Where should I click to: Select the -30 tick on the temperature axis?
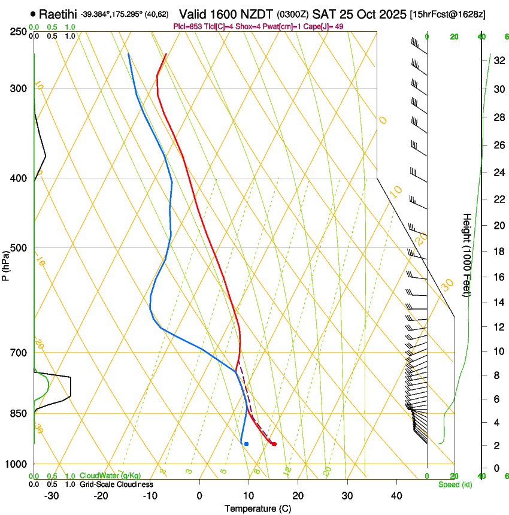(51, 496)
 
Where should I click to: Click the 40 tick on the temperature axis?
(396, 496)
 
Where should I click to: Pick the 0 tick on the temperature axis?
(199, 496)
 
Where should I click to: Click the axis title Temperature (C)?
(257, 508)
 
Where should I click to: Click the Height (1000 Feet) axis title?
(467, 255)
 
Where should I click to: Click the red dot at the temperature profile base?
(274, 444)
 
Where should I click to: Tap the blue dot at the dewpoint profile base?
(246, 444)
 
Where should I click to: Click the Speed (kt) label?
(455, 484)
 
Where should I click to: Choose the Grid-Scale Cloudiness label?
(116, 484)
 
